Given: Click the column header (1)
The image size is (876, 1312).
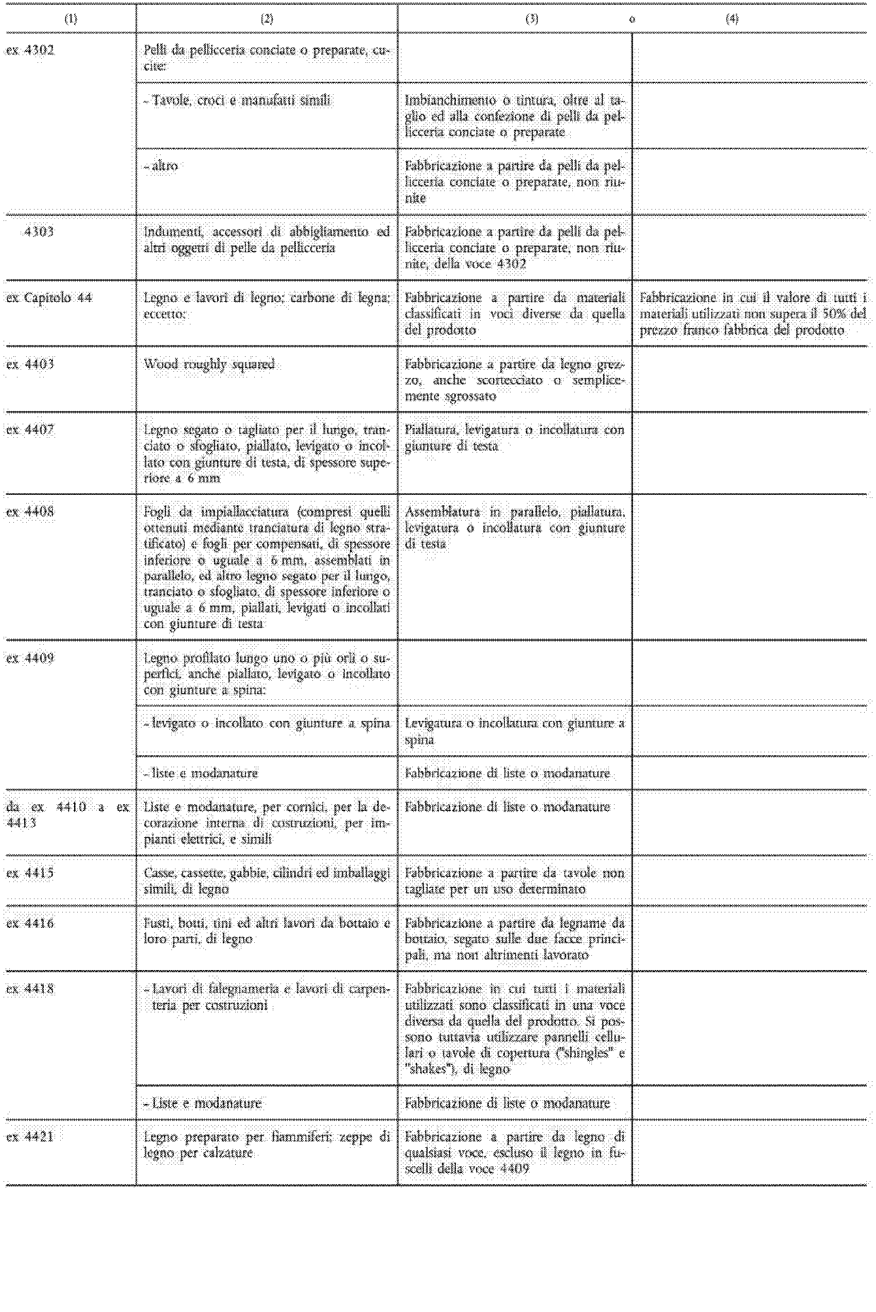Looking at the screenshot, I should click(x=71, y=19).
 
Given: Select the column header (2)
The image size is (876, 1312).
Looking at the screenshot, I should click(x=267, y=19).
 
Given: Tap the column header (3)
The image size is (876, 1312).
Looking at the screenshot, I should click(x=532, y=19).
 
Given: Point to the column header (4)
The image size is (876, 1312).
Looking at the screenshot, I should click(x=732, y=19).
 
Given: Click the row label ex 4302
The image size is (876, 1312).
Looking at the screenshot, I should click(x=30, y=51).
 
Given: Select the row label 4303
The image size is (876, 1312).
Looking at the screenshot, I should click(x=39, y=231).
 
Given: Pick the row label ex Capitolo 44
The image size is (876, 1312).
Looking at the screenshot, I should click(x=49, y=298).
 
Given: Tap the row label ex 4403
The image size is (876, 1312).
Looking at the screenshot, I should click(x=30, y=365).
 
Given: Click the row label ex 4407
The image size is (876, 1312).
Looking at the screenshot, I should click(x=30, y=430).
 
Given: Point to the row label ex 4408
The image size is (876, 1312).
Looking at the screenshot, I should click(x=30, y=512).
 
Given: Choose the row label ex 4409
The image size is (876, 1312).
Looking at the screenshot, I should click(x=30, y=658).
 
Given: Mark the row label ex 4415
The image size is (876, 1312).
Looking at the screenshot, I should click(x=30, y=873).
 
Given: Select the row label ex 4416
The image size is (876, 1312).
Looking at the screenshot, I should click(x=30, y=923).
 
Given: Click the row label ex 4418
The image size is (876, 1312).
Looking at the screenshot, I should click(x=30, y=989).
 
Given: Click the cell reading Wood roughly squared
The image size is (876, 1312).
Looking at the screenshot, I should click(x=209, y=365).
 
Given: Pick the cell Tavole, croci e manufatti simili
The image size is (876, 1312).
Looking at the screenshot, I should click(x=237, y=100).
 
